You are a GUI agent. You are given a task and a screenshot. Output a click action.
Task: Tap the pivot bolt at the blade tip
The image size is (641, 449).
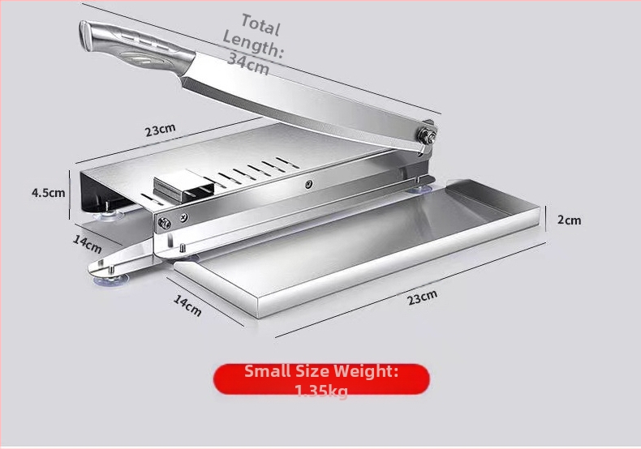point(426,135)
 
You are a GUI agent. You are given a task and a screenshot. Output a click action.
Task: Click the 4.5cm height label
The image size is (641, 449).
point(48,193)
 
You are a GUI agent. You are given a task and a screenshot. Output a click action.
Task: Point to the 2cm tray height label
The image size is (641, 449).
point(569,220)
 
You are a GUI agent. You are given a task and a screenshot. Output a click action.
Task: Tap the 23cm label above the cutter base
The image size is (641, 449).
point(161,130)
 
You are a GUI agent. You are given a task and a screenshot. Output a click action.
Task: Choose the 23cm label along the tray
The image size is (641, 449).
point(422,297)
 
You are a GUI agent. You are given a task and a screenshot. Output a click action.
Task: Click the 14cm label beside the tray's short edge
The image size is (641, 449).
point(187,306)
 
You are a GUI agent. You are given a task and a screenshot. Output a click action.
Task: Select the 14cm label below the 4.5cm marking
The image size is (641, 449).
point(87,244)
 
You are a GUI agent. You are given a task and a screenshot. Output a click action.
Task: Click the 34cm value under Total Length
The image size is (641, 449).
point(248,64)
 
